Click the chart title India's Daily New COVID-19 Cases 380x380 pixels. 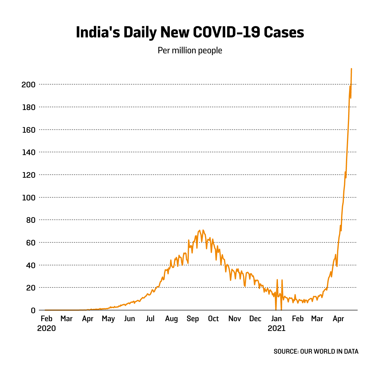point(190,32)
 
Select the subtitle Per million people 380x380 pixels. point(190,50)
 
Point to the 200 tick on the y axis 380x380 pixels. point(28,85)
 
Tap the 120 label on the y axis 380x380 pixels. point(28,175)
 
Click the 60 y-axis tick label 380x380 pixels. point(31,243)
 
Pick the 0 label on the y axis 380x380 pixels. point(33,310)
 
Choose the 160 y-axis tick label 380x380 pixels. point(28,130)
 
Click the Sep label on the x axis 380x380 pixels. point(193,319)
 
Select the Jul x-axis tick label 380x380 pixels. point(150,319)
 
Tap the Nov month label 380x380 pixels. point(234,319)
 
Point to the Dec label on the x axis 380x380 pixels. point(255,319)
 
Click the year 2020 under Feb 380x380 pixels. point(47,329)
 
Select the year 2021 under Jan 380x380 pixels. point(276,329)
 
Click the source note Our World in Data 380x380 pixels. point(316,351)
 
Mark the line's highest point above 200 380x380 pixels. point(351,69)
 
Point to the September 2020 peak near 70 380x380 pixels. point(199,230)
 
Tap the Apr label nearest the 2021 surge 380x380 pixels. point(338,319)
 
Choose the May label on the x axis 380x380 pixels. point(108,319)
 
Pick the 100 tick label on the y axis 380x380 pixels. point(28,198)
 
